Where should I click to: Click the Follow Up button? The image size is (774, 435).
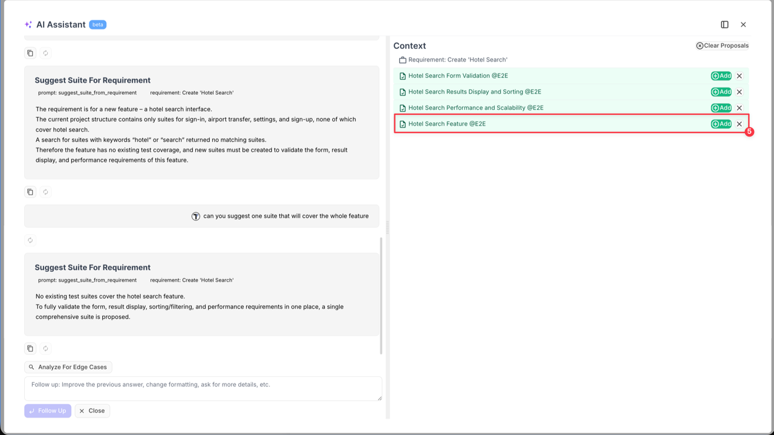pos(48,411)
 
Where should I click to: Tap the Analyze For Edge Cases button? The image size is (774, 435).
pos(68,367)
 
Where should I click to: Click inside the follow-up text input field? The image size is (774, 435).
pos(203,388)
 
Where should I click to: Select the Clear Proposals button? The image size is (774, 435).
pos(722,45)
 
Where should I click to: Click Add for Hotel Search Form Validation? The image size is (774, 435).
pos(721,76)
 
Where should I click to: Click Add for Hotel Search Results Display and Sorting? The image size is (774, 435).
pos(721,92)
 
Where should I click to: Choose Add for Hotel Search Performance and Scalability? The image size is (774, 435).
pos(721,108)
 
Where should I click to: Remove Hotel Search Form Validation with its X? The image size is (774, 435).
pos(739,76)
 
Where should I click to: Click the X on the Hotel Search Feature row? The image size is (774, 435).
pos(739,124)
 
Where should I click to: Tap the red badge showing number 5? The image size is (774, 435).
pos(749,132)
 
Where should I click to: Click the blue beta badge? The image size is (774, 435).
pos(97,25)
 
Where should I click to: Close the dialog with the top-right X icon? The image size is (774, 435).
pos(743,25)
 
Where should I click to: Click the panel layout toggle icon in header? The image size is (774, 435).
pos(724,25)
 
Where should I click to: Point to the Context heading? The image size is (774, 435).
pos(409,46)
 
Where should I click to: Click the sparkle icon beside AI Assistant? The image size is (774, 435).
pos(28,25)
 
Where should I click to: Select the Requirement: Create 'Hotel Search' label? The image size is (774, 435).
pos(457,60)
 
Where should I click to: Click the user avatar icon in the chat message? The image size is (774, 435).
pos(196,216)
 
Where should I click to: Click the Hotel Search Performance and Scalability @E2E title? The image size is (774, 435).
pos(475,108)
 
